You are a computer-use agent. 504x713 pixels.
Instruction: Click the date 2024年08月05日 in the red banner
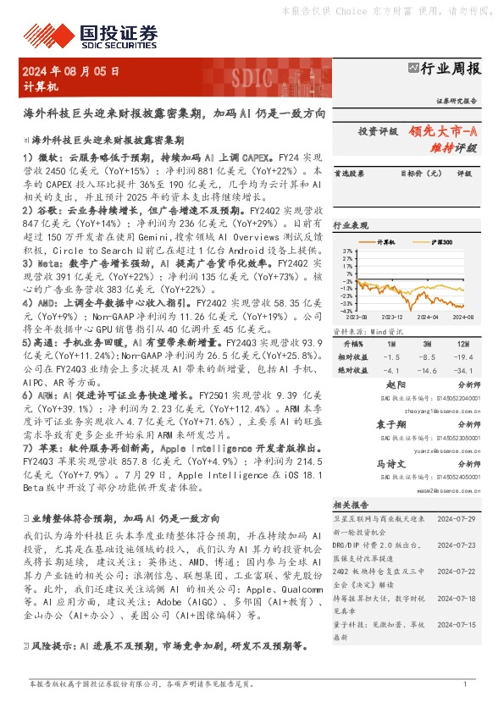pos(71,72)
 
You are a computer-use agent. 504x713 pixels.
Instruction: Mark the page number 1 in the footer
pos(465,683)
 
